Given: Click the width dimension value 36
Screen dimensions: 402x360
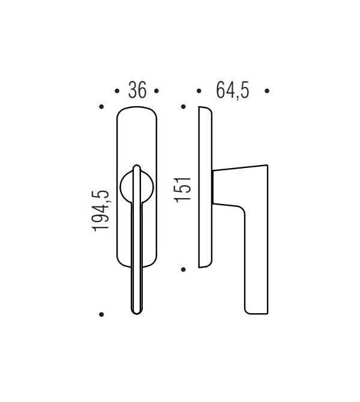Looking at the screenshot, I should (x=137, y=91).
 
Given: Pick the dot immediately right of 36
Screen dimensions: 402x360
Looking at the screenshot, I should (x=157, y=91).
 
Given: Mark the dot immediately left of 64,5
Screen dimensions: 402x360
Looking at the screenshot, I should (x=199, y=91).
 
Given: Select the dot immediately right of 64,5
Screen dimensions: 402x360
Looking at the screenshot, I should (x=267, y=91).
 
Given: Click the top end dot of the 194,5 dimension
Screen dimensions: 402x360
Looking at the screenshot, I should (x=101, y=107).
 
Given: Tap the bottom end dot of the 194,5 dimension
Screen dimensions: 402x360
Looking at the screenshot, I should (x=101, y=314).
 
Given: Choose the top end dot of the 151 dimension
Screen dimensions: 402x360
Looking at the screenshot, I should (x=184, y=107).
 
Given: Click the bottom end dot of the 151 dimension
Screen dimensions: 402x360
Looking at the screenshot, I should (x=184, y=268).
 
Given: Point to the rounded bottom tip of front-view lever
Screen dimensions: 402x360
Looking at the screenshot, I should (x=137, y=310).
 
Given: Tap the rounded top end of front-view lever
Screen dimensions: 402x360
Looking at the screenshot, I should (x=137, y=167).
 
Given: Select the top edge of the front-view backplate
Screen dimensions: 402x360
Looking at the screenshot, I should (x=137, y=108).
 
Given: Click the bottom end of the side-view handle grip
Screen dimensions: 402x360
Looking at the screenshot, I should (x=255, y=311).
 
